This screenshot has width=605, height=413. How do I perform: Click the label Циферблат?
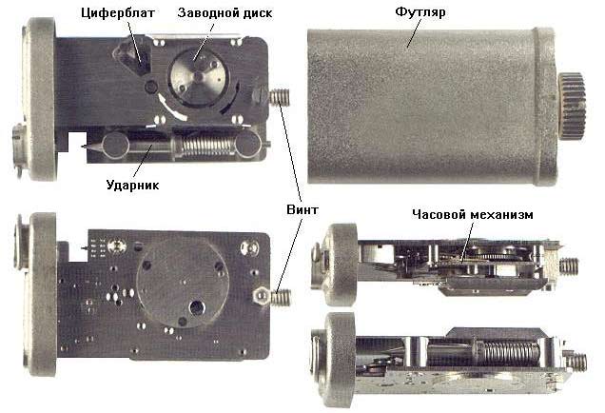point(118,13)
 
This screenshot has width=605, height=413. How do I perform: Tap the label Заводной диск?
point(224,13)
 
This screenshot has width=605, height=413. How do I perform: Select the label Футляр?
point(420,12)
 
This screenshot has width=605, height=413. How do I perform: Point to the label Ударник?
point(132,185)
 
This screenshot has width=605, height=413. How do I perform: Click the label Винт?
point(302,209)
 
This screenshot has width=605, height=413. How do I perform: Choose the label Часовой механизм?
point(473,214)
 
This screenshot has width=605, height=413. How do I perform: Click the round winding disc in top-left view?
point(199,77)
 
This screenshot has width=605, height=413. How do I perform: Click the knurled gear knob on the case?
point(572,105)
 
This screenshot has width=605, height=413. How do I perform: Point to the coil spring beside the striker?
point(204,146)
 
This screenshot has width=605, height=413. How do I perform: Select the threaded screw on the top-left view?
point(280,97)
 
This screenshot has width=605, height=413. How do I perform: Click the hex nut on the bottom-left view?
point(261,296)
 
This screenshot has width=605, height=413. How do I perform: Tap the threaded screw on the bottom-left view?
point(281,297)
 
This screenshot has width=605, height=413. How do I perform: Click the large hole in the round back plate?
point(197,306)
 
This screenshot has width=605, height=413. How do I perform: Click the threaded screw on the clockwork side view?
point(569,266)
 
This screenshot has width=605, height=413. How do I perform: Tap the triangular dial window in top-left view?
point(131,57)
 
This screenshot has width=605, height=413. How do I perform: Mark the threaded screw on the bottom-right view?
point(576,362)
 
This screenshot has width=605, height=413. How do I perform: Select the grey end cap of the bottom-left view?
point(42,294)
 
